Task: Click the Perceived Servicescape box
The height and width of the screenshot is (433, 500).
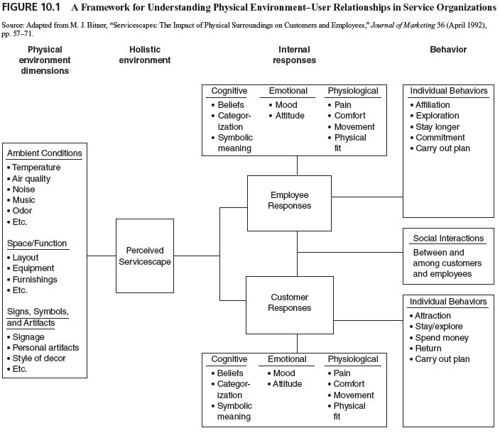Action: click(x=145, y=256)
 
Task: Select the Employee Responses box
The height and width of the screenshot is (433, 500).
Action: click(x=290, y=200)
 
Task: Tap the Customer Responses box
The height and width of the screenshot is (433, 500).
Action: click(x=290, y=302)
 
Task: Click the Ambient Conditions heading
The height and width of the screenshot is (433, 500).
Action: click(x=44, y=153)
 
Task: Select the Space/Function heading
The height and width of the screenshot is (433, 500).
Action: click(x=37, y=243)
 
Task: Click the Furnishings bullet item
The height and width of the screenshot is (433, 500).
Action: click(x=35, y=280)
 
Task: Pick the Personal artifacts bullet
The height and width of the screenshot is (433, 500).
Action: click(x=45, y=348)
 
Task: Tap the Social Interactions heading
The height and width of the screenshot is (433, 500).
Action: click(x=447, y=239)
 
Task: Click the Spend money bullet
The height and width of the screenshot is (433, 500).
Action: click(x=442, y=338)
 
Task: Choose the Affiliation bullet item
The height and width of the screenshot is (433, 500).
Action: click(x=437, y=105)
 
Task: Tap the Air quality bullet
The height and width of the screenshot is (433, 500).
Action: click(x=32, y=179)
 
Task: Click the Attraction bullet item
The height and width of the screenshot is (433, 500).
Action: click(x=433, y=316)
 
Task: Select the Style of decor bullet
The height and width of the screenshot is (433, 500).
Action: click(x=40, y=358)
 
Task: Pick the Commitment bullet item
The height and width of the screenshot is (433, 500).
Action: click(x=440, y=138)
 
